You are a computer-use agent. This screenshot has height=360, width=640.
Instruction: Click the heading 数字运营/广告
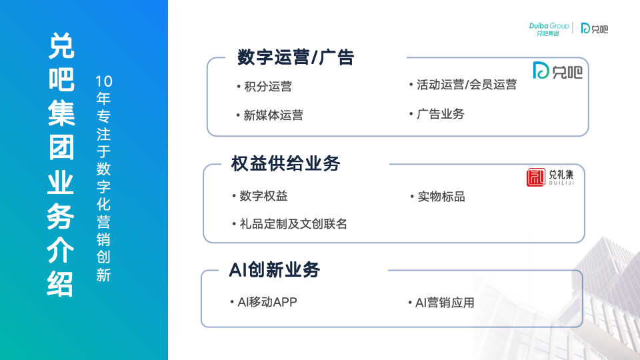coord(295,57)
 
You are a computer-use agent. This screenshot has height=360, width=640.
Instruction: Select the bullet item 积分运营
coord(268,87)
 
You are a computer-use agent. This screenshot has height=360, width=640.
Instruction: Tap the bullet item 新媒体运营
coord(273,115)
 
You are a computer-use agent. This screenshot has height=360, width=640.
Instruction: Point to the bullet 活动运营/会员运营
coord(467,85)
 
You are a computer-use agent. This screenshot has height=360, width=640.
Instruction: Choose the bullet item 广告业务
coord(441,114)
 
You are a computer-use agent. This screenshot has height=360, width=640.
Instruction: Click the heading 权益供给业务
coord(286,164)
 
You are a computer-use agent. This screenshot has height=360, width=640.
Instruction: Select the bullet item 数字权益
coord(263,196)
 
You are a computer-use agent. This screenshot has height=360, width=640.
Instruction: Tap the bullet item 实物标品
coord(441,197)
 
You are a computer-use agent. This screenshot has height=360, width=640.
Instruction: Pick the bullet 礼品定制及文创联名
coord(293,224)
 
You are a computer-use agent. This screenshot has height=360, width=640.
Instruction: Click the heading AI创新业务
coord(274,270)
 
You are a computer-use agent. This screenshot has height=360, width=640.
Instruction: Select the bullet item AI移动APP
coord(267,302)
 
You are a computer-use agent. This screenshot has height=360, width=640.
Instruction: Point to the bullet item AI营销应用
coord(445,303)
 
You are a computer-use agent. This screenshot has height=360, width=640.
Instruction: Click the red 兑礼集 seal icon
coord(535,177)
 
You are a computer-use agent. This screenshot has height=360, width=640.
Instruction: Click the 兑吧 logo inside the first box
coord(557,71)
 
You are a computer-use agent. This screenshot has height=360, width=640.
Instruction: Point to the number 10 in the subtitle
coord(104,81)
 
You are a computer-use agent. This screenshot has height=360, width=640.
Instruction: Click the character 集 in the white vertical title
coord(61,113)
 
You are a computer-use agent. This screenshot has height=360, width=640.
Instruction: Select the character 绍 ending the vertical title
coord(61,284)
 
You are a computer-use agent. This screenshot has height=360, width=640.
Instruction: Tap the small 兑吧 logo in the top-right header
coord(594,28)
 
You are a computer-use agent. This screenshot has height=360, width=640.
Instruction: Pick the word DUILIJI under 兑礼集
coord(561,183)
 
